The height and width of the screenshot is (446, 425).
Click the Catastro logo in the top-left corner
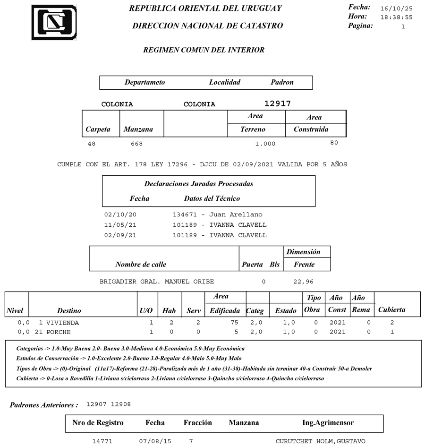click(54, 22)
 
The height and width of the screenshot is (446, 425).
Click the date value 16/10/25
click(396, 9)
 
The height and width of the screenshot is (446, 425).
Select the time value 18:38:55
click(396, 17)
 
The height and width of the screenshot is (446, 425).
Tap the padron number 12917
click(277, 103)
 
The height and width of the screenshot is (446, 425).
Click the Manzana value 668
click(136, 144)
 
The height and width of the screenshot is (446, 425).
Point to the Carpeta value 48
click(92, 144)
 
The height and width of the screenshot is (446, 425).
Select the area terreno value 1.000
click(264, 144)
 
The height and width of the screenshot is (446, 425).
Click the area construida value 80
click(334, 143)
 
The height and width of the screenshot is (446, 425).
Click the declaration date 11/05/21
click(120, 225)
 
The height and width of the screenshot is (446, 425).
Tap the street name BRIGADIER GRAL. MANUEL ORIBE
click(156, 282)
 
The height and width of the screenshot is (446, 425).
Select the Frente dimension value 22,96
click(303, 282)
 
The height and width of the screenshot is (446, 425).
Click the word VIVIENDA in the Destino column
click(62, 323)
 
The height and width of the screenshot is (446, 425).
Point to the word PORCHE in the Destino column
click(59, 332)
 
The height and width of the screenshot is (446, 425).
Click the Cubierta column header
click(391, 310)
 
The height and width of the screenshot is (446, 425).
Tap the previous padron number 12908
click(121, 404)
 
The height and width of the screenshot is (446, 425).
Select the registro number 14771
click(102, 441)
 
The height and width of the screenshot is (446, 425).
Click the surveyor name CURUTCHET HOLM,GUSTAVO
click(320, 441)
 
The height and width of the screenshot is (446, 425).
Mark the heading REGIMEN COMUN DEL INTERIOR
click(204, 50)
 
